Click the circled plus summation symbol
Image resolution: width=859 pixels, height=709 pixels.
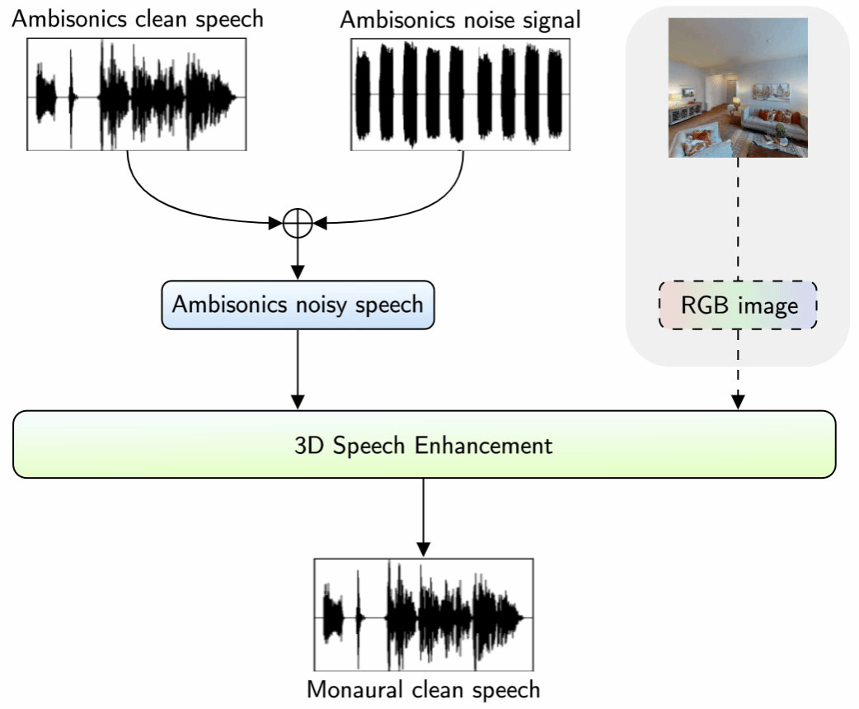click(297, 223)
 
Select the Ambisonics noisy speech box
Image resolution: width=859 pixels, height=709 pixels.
click(298, 305)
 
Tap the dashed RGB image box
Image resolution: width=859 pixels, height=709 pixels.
click(738, 305)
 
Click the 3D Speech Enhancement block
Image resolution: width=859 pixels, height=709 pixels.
click(424, 444)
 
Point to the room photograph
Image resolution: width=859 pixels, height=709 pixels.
click(738, 87)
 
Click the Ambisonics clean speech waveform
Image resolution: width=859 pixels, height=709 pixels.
click(138, 97)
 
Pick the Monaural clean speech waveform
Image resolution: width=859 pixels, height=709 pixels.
click(424, 615)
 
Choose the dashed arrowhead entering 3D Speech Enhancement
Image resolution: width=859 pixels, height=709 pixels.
click(739, 401)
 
